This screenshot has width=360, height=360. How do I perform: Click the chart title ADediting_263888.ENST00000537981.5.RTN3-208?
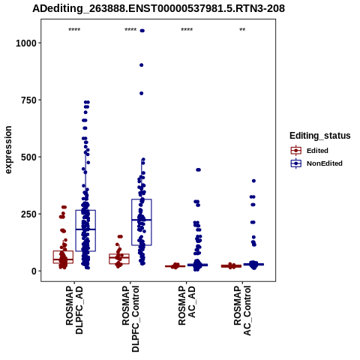point(158,8)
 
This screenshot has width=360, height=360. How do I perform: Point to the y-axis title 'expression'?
point(8,150)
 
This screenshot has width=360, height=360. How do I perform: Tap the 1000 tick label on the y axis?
point(26,43)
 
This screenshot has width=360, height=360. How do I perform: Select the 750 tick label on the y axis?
point(28,100)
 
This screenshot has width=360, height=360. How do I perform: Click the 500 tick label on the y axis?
point(28,157)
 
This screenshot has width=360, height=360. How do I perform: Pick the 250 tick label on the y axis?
point(28,214)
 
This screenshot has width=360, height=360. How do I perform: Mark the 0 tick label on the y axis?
point(34,271)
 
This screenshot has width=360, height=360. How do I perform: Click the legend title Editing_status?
point(320,136)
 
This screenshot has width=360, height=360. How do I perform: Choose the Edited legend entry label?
point(317,151)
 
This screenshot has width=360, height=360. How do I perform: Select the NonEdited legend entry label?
point(325,163)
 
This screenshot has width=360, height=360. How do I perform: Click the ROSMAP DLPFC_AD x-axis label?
point(74,310)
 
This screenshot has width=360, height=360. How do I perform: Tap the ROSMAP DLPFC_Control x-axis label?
point(130,319)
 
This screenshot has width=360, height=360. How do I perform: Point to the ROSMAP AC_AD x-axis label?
point(187,305)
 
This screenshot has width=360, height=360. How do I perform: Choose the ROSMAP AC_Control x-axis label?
point(242,310)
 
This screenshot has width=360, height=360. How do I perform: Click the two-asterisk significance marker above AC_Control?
point(242,30)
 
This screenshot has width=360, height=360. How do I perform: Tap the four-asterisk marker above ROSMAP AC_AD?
point(187,30)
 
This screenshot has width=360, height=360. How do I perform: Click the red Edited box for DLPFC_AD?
point(63,251)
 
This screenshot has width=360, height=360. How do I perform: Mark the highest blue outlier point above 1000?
point(142,31)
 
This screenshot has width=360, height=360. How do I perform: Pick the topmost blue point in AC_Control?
point(253,181)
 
